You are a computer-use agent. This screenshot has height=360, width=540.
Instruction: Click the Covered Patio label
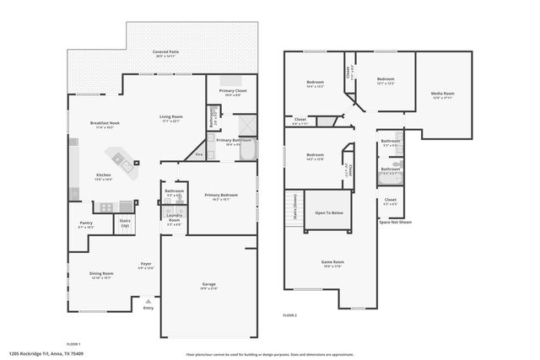tap(165, 51)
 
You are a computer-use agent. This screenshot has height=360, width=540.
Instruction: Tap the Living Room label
tap(170, 117)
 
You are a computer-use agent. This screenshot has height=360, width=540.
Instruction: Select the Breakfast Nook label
tap(105, 123)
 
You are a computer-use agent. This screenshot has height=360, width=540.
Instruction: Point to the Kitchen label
tap(102, 175)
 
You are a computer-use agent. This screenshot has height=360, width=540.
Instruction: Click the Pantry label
tap(86, 224)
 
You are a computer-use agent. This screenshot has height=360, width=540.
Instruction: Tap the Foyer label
tap(146, 265)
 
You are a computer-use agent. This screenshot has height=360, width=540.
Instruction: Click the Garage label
tap(208, 284)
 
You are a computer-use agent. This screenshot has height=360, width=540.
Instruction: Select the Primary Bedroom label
tap(221, 195)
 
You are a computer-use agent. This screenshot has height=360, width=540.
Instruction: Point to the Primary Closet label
tap(233, 90)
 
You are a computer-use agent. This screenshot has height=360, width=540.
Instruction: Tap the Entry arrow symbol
tap(148, 300)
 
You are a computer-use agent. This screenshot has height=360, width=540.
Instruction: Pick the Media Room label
tap(442, 94)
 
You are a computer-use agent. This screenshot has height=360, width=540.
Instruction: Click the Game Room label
tap(333, 262)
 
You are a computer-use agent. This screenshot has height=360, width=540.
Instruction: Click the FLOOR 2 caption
tap(290, 314)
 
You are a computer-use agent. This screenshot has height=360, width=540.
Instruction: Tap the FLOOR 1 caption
tap(73, 344)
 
